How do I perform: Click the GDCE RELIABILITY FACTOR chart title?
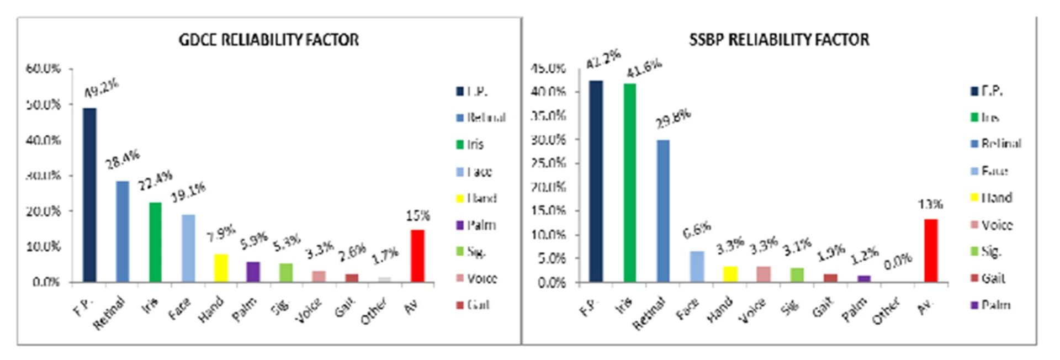(269, 40)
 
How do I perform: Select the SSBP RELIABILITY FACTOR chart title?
(779, 40)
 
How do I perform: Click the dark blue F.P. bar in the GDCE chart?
(89, 195)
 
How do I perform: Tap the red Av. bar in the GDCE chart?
(417, 256)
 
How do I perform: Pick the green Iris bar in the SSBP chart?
(629, 183)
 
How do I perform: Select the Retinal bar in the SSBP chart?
(663, 211)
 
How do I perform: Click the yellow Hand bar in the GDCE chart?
(221, 268)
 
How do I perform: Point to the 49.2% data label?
(101, 88)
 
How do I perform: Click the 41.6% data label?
(644, 68)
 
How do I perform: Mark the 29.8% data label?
(673, 118)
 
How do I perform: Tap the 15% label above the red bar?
(418, 215)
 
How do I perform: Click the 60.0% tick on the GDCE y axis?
(43, 69)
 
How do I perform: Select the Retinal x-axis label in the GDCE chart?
(109, 313)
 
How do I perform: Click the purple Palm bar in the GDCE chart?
(253, 272)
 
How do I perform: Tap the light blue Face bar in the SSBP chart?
(697, 267)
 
